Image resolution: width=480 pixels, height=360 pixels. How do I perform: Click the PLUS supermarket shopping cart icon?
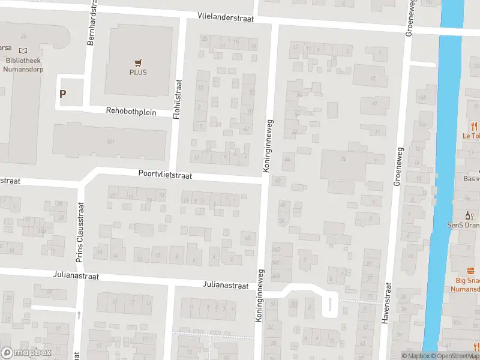(138, 62)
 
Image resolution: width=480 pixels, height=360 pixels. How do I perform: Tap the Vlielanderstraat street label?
(227, 18)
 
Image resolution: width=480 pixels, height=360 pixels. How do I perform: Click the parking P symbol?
(62, 94)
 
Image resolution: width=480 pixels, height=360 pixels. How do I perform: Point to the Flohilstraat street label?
(177, 98)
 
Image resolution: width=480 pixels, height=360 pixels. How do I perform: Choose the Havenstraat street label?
(386, 303)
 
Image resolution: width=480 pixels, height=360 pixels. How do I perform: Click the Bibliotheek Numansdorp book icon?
(23, 51)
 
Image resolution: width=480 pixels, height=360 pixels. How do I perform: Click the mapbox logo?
(26, 353)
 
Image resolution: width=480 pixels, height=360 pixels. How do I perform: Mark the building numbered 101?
(110, 142)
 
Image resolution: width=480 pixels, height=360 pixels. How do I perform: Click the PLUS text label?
(138, 73)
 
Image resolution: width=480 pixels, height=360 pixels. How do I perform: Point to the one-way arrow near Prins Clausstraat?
(78, 314)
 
